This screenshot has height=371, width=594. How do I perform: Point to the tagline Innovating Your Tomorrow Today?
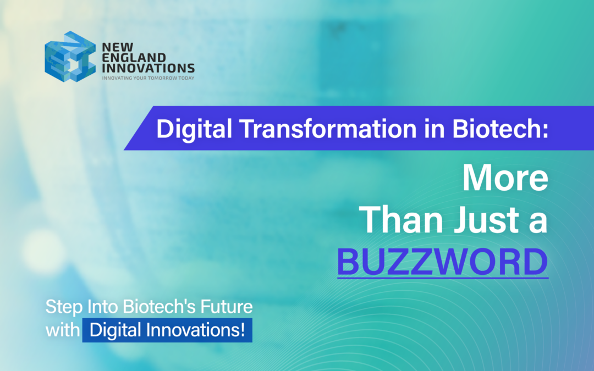(x=148, y=78)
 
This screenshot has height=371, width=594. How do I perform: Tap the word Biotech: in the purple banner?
(x=497, y=129)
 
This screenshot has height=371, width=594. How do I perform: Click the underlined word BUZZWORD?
(x=443, y=262)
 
